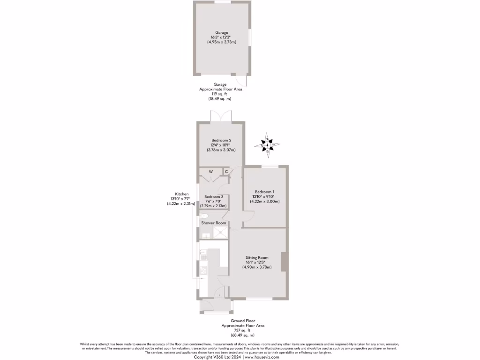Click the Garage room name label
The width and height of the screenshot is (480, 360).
pyautogui.click(x=221, y=32)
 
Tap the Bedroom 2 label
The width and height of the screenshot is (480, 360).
pyautogui.click(x=221, y=140)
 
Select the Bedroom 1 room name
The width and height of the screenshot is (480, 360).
pyautogui.click(x=264, y=192)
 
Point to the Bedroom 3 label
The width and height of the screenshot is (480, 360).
pyautogui.click(x=214, y=196)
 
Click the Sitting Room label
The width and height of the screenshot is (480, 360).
pyautogui.click(x=257, y=257)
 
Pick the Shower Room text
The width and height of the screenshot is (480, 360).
pyautogui.click(x=214, y=223)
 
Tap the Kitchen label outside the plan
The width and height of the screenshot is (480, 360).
pyautogui.click(x=182, y=194)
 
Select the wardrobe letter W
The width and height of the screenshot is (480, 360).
pyautogui.click(x=210, y=172)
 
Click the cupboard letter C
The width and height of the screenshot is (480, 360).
pyautogui.click(x=226, y=172)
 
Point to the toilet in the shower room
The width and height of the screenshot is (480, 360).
pyautogui.click(x=203, y=216)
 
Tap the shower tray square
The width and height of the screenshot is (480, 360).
pyautogui.click(x=220, y=232)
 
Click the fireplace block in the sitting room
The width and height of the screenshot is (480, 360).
pyautogui.click(x=284, y=262)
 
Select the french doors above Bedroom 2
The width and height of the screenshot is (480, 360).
pyautogui.click(x=221, y=116)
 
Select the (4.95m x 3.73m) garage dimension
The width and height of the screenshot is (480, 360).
pyautogui.click(x=221, y=42)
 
